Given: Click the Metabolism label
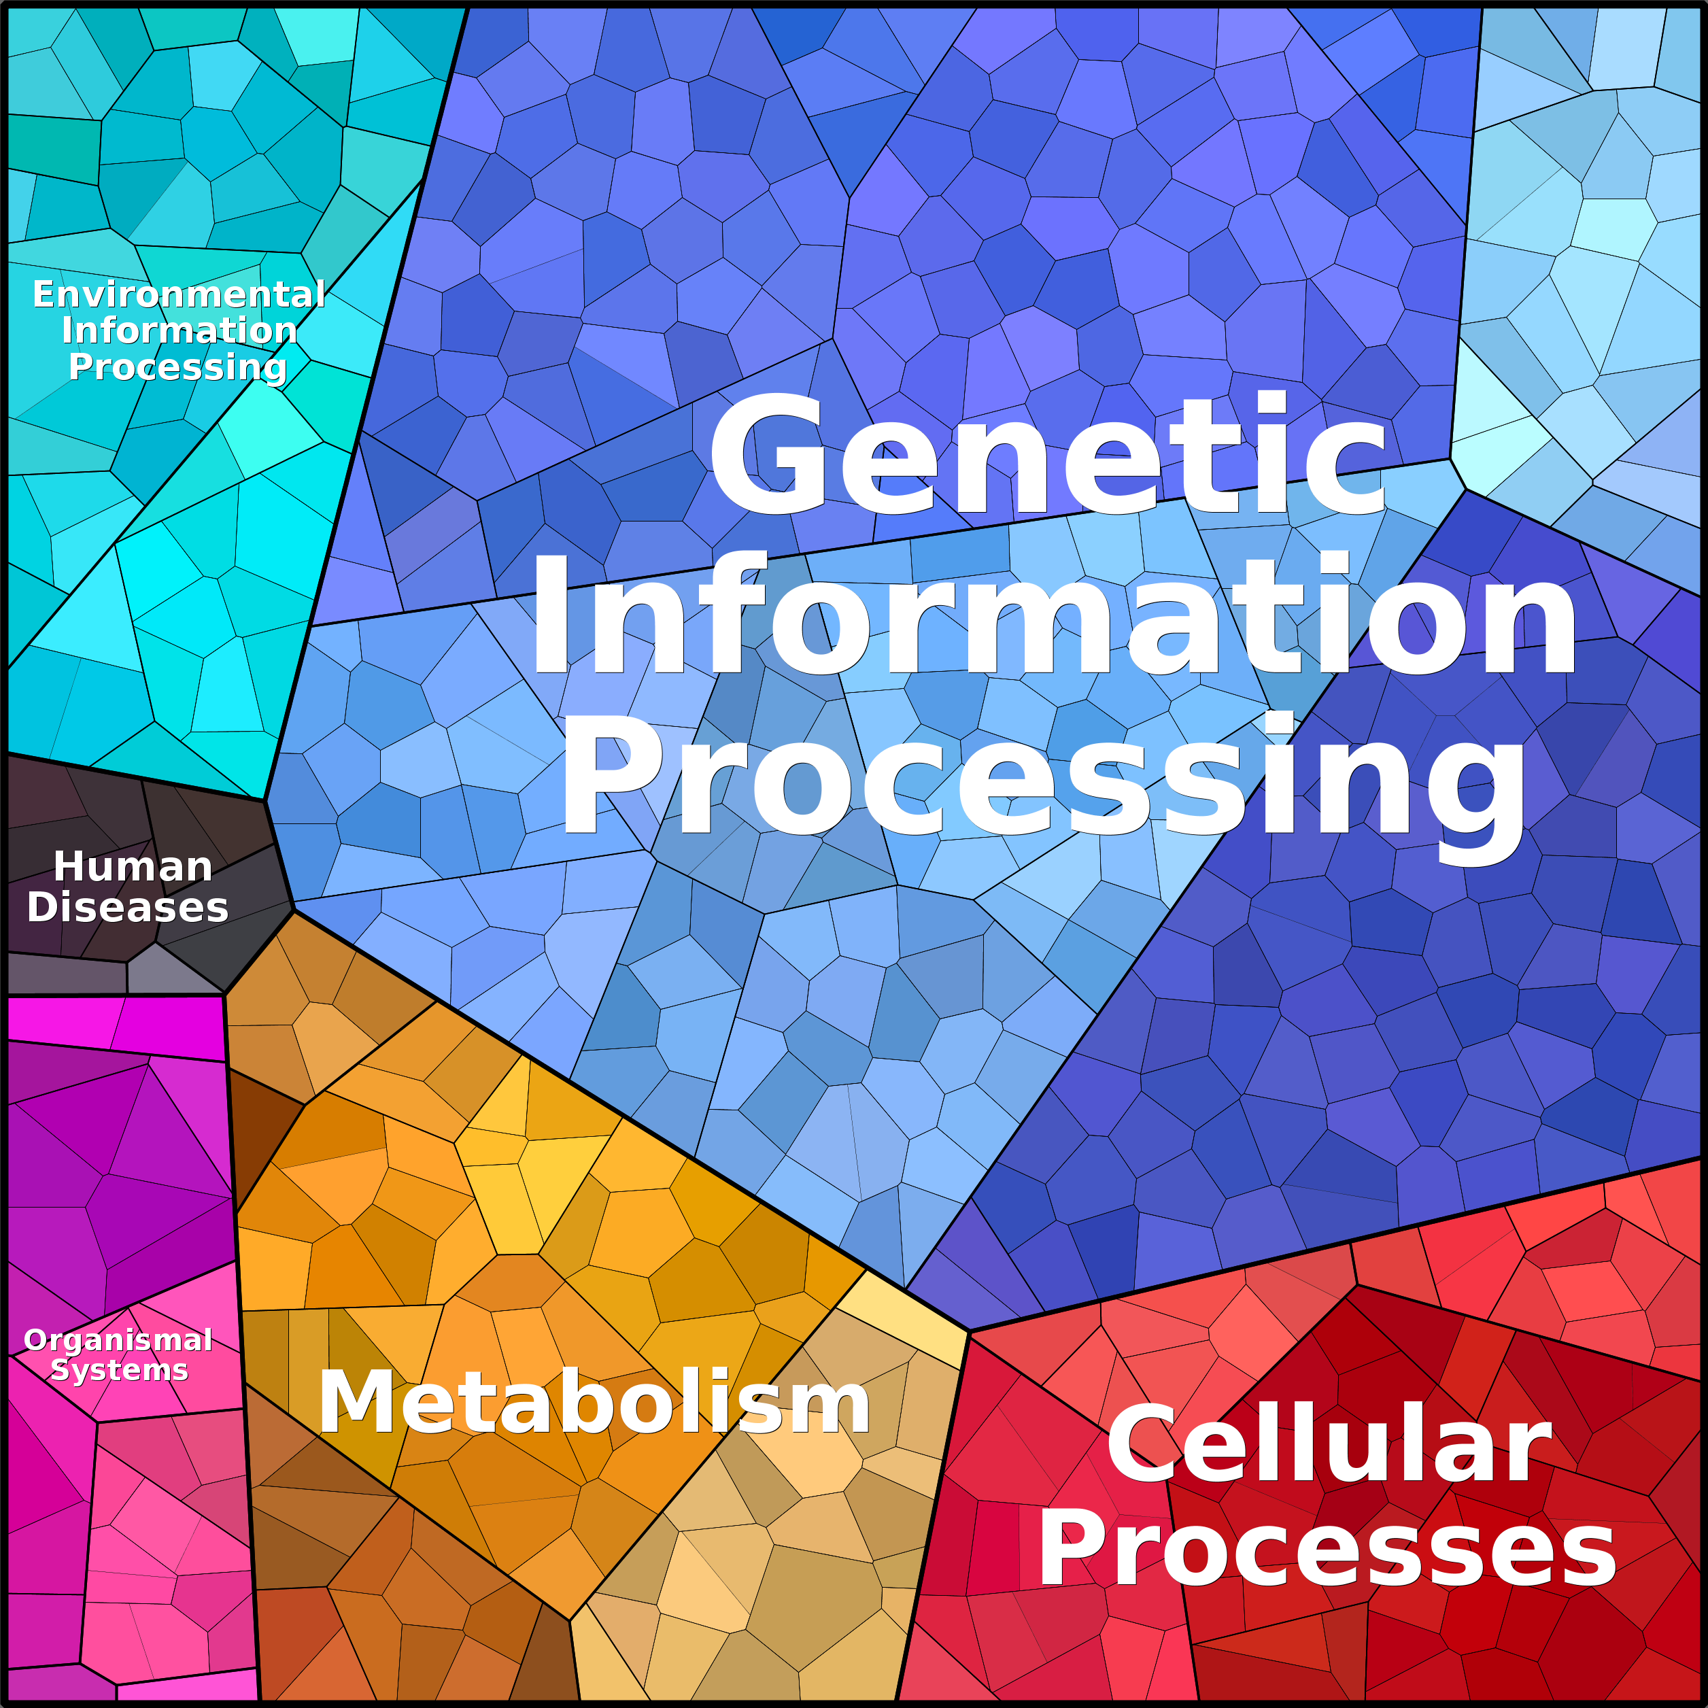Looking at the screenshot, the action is pyautogui.click(x=594, y=1402).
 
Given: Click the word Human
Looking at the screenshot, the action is pyautogui.click(x=133, y=866).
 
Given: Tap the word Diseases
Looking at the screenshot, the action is pyautogui.click(x=129, y=907).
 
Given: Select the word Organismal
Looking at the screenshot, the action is pyautogui.click(x=118, y=1340).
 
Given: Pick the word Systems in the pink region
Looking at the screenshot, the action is pyautogui.click(x=120, y=1370).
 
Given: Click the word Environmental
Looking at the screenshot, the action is pyautogui.click(x=180, y=294).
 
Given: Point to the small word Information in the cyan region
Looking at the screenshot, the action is pyautogui.click(x=180, y=330).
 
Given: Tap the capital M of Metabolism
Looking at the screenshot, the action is pyautogui.click(x=358, y=1402).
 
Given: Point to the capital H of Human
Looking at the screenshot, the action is pyautogui.click(x=71, y=866).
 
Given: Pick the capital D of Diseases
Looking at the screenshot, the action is pyautogui.click(x=44, y=907).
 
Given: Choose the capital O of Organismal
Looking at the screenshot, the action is pyautogui.click(x=38, y=1340).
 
